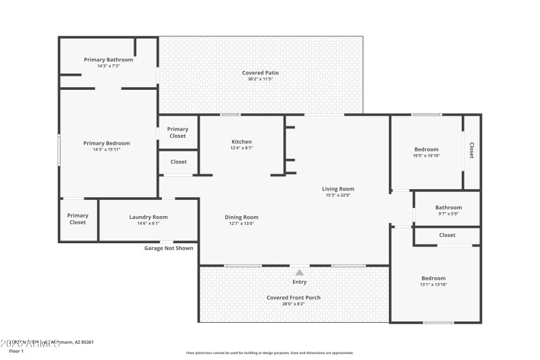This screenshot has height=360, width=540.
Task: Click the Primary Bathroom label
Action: pos(109,59)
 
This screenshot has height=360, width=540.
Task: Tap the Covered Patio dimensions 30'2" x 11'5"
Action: pos(260,79)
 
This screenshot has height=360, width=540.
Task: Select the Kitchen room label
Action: pos(242,142)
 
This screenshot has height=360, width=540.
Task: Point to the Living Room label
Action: pos(337,189)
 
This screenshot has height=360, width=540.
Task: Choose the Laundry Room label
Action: pos(148,217)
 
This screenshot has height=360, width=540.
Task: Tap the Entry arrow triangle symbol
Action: pos(299,272)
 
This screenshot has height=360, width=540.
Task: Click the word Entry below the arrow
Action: pos(299,282)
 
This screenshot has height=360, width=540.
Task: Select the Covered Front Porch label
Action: pos(294,297)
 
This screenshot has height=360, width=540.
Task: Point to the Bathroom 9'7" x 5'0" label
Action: pos(448,207)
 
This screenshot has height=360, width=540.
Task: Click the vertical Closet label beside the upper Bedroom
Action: pos(471,151)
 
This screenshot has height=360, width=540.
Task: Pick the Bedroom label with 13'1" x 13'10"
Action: pos(433,278)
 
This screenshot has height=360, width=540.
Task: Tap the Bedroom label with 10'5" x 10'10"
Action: pos(426,149)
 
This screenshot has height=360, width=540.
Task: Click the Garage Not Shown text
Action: pos(169,248)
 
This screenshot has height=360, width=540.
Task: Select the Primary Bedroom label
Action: pos(107,143)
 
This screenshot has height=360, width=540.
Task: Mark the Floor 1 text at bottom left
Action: pos(16,351)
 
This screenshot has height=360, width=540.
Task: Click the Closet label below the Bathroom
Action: pos(447,235)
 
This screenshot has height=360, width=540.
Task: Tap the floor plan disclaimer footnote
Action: pos(269,353)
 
